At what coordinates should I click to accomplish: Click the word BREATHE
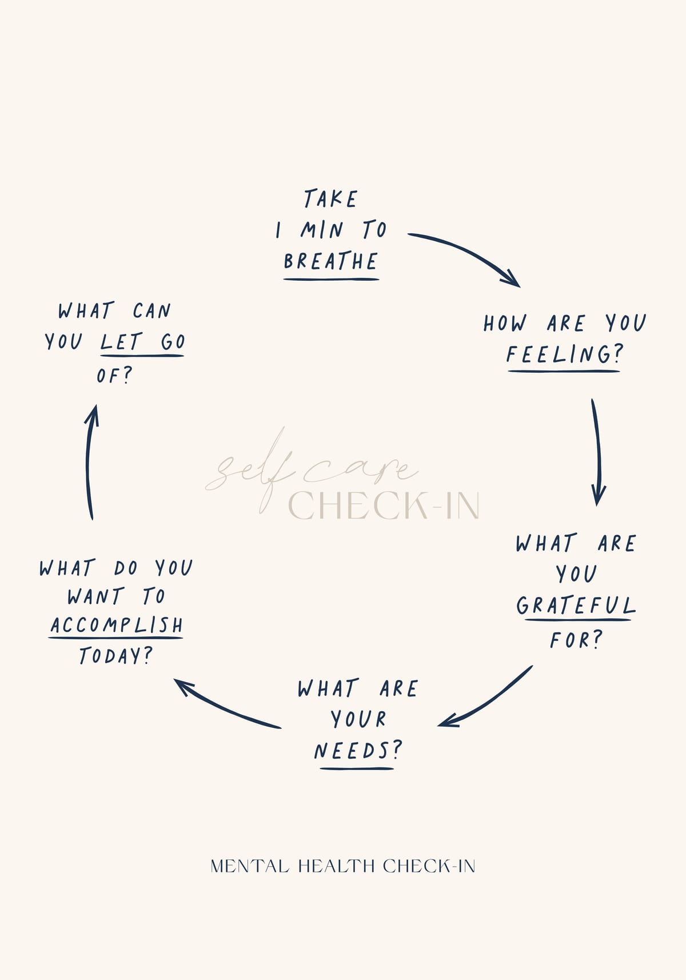[x=330, y=261]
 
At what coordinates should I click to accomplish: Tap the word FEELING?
[x=564, y=354]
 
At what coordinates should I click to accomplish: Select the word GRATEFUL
[x=576, y=605]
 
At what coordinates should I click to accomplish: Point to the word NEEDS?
[x=357, y=751]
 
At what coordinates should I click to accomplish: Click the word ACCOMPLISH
[x=117, y=625]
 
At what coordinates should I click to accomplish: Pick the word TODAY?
[x=116, y=655]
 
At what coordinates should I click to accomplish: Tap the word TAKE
[x=331, y=198]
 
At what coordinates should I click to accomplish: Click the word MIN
[x=321, y=230]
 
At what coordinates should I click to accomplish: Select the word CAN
[x=151, y=310]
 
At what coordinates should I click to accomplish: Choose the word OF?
[x=114, y=376]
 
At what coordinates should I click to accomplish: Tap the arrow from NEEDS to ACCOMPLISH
[x=223, y=705]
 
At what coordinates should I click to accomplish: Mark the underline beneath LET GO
[x=142, y=356]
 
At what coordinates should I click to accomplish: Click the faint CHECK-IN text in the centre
[x=384, y=505]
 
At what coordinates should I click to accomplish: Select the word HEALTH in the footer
[x=336, y=867]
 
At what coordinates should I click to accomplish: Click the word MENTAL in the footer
[x=250, y=867]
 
